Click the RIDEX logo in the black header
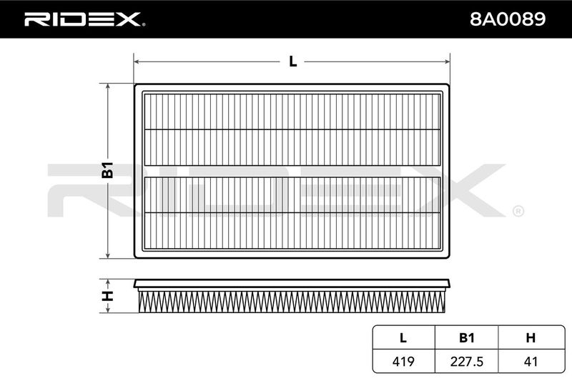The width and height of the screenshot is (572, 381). (x=84, y=19)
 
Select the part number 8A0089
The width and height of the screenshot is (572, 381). (x=508, y=19)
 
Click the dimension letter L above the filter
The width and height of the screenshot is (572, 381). (x=292, y=61)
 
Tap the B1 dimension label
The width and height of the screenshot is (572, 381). (x=108, y=169)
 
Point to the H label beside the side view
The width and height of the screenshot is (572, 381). (x=108, y=296)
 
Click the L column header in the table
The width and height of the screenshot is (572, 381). (x=403, y=338)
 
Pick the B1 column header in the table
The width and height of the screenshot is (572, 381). (x=467, y=338)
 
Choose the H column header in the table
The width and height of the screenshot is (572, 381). (x=531, y=338)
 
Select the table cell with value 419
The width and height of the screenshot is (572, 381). (x=403, y=361)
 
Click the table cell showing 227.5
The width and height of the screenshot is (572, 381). (x=467, y=361)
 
